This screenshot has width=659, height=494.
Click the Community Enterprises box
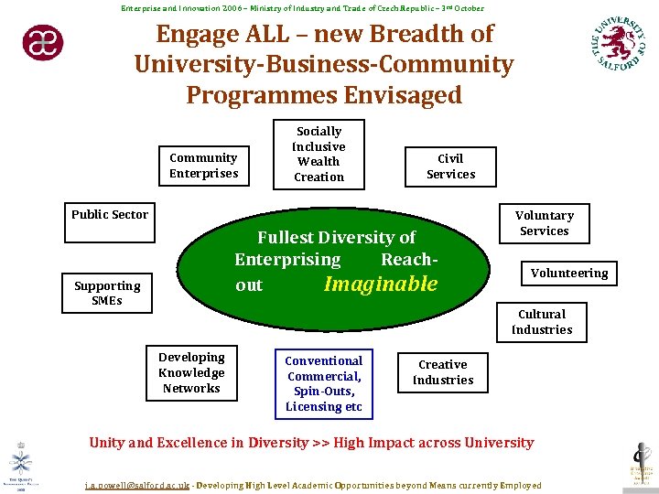pos(203,166)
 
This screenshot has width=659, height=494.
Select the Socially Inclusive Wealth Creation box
pos(319,154)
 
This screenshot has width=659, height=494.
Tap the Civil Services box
pos(450,166)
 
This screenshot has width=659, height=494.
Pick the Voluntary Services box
pos(545,223)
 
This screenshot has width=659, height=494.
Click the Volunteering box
pos(569,273)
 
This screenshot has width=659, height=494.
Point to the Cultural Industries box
pos(542,322)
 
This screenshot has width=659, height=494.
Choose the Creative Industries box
pos(443,372)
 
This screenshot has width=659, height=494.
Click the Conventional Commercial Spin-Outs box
pos(324,383)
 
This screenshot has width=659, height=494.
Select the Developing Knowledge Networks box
pos(191,373)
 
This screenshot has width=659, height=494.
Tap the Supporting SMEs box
pos(107,293)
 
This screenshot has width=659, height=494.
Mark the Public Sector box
pos(110,214)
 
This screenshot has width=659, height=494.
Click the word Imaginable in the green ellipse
pos(381,285)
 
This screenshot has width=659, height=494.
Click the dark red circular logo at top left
pos(43,42)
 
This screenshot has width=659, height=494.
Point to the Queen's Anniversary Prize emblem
pos(20,462)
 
